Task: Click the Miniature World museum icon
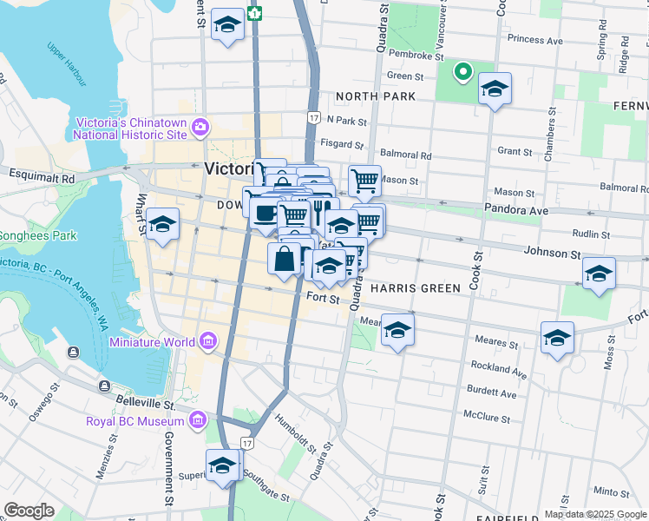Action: [206, 341]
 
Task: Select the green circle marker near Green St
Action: [463, 72]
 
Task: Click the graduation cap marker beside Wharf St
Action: [162, 226]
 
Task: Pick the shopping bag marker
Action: [285, 258]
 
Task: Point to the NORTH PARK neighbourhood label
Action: [376, 96]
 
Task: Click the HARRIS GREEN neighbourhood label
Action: [410, 287]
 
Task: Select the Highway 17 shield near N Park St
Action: [313, 116]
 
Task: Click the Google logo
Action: [29, 510]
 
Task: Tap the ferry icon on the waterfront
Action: [72, 352]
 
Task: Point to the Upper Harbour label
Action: [68, 64]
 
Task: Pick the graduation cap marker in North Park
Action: [495, 89]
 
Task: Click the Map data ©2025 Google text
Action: [594, 514]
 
